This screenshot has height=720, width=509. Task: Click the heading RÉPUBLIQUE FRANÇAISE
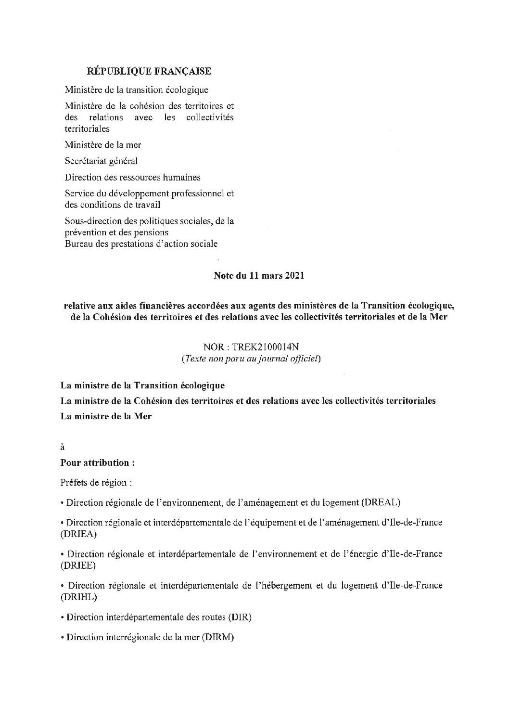(149, 71)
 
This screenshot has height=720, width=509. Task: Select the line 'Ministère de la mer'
(103, 144)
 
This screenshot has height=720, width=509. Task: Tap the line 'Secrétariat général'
(101, 161)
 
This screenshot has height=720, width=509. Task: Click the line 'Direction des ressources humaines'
(133, 177)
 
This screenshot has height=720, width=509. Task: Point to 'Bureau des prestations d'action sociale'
(141, 244)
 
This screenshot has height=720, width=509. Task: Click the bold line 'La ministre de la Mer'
(106, 416)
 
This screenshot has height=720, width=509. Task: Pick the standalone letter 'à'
(63, 447)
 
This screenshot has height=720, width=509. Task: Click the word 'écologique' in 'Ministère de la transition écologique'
(187, 90)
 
